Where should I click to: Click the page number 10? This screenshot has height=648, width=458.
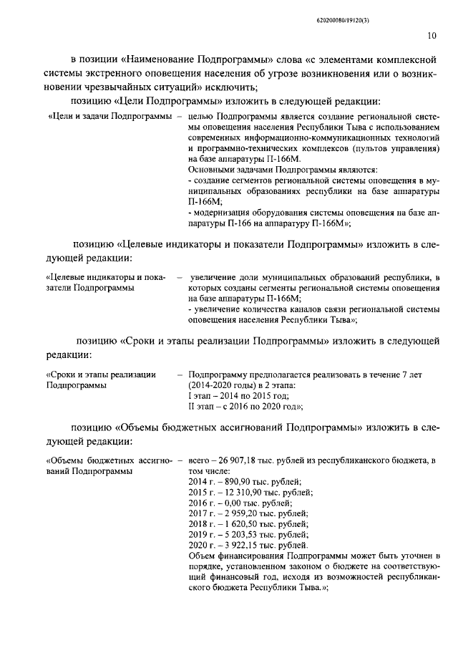(x=432, y=34)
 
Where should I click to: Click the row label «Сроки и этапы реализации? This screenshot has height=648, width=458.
(x=100, y=374)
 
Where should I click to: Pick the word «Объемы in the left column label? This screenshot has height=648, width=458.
(x=69, y=461)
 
